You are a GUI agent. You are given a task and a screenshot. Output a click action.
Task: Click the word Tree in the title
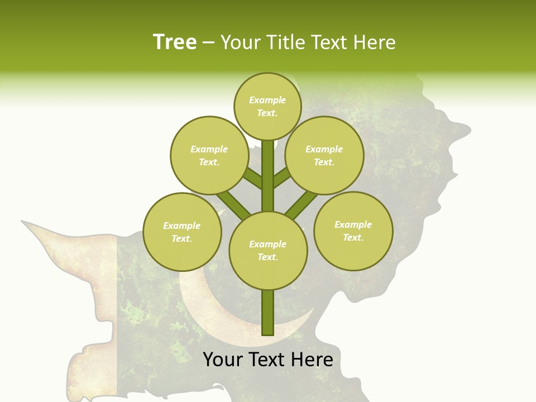[x=175, y=42]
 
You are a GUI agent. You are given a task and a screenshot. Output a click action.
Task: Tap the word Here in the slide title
[x=376, y=42]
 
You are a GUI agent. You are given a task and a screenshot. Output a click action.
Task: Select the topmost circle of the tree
[x=267, y=107]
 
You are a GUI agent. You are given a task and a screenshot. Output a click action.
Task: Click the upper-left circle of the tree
[x=209, y=156]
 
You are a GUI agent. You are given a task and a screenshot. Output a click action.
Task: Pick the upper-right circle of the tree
[x=324, y=156]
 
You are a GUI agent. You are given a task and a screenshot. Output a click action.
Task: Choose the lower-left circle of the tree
[x=182, y=232]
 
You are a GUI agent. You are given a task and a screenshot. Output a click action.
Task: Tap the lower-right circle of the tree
[x=353, y=231]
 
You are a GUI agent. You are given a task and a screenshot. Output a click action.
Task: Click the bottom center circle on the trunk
[x=268, y=251]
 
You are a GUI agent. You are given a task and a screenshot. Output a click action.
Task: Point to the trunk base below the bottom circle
[x=268, y=313]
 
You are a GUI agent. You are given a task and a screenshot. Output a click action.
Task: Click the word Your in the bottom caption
[x=222, y=359]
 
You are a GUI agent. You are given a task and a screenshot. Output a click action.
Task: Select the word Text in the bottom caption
[x=267, y=359]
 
